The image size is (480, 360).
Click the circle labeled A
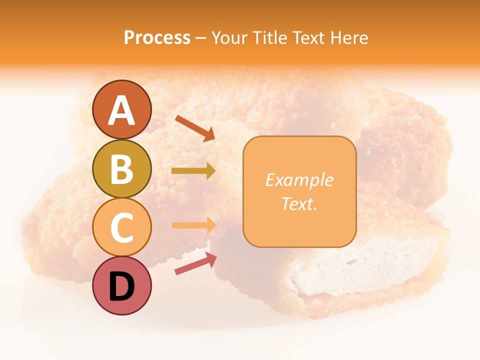(x=121, y=109)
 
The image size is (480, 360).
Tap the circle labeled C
(x=121, y=227)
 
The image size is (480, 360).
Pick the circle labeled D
(x=121, y=285)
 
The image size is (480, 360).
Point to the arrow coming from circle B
(x=193, y=171)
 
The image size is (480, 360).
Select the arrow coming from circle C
(x=193, y=225)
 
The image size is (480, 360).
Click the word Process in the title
(x=157, y=37)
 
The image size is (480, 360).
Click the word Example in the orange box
(x=299, y=180)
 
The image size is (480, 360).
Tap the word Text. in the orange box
(x=299, y=203)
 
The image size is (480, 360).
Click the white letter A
(x=121, y=110)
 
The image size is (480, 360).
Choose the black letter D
(x=121, y=286)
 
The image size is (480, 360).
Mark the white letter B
(x=121, y=169)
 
